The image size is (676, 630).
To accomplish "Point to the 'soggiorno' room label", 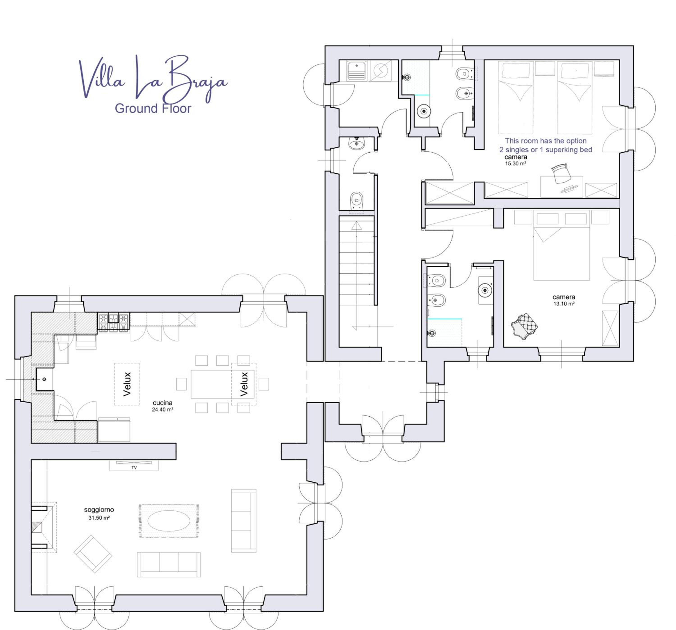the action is [99, 510].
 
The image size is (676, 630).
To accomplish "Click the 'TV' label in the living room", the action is [134, 468].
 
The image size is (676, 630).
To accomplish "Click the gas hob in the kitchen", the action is [114, 322].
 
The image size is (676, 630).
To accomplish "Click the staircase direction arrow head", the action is [356, 225].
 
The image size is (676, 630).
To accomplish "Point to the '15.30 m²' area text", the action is [516, 163].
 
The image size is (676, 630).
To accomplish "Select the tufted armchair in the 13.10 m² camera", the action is [524, 327].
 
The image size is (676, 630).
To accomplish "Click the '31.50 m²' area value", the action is [99, 518].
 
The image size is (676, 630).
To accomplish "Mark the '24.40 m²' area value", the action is [162, 410].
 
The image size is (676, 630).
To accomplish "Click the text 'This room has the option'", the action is [546, 141].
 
